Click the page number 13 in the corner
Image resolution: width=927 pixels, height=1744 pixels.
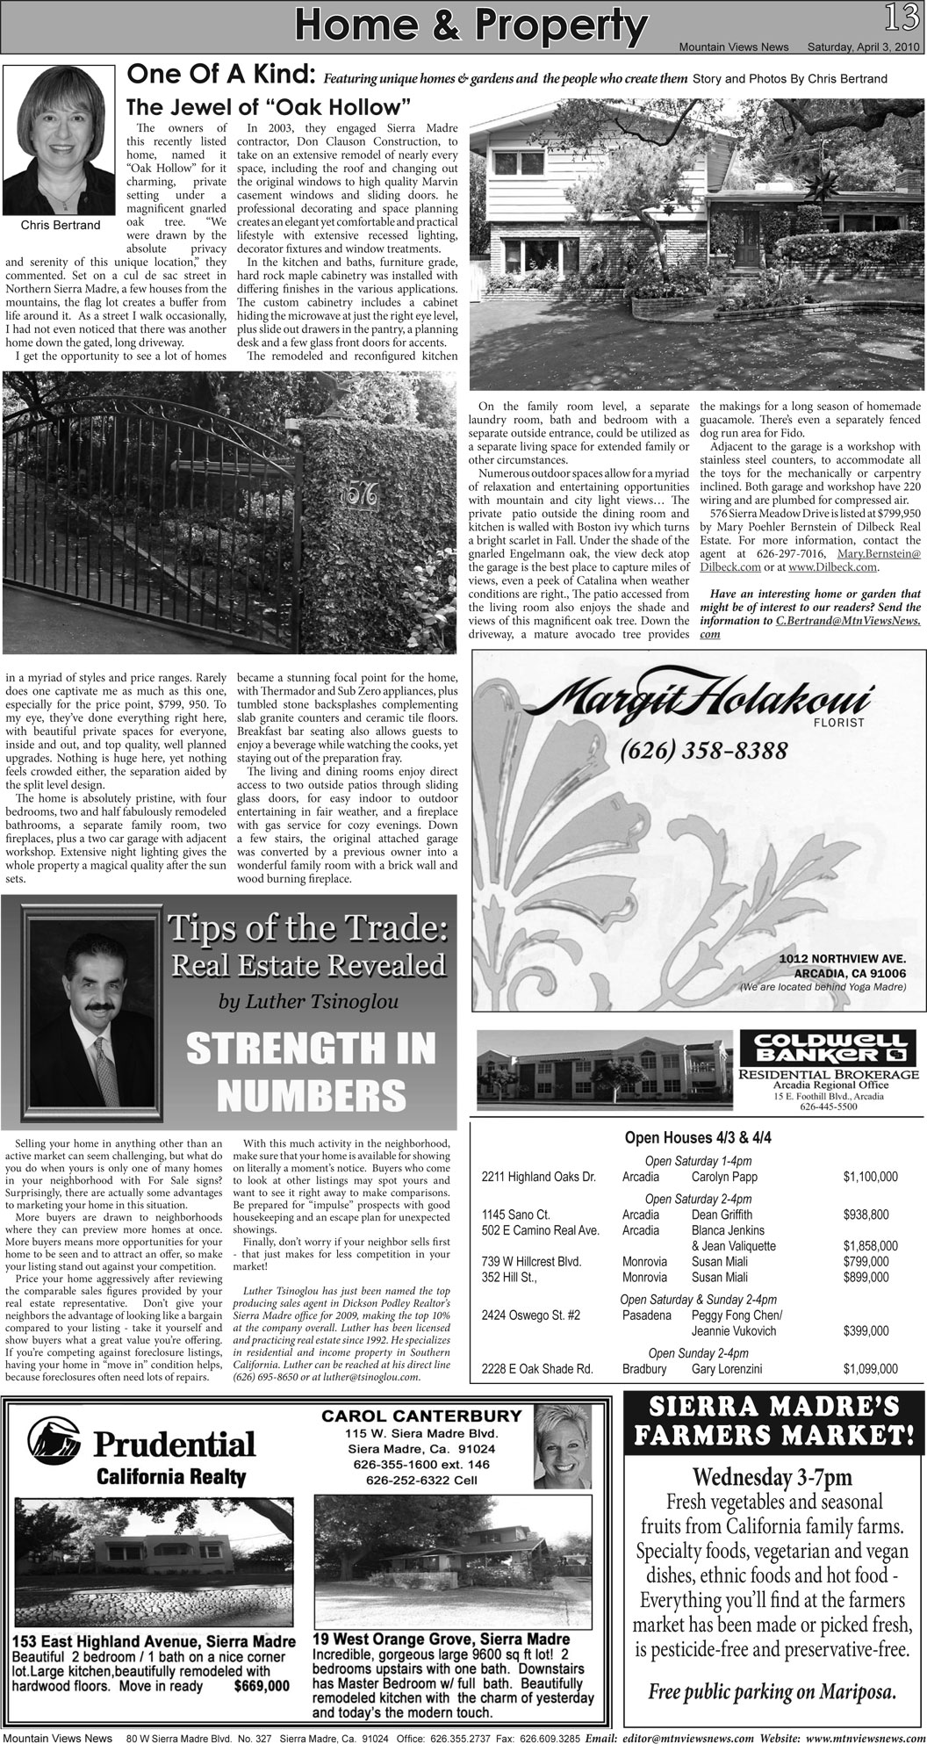[907, 17]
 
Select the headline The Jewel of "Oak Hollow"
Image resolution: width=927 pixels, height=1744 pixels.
[269, 108]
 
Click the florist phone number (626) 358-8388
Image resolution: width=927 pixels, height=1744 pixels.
[703, 752]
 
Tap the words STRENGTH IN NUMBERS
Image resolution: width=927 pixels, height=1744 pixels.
[312, 1070]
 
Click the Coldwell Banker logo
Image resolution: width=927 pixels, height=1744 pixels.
[828, 1047]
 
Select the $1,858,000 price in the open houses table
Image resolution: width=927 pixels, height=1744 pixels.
[870, 1246]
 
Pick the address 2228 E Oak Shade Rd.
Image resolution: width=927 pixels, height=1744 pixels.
[537, 1368]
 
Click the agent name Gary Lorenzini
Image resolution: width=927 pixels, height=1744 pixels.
[726, 1368]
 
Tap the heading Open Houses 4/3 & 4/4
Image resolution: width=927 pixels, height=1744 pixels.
[698, 1137]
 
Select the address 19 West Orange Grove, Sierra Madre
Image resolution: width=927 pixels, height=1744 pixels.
[441, 1640]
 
